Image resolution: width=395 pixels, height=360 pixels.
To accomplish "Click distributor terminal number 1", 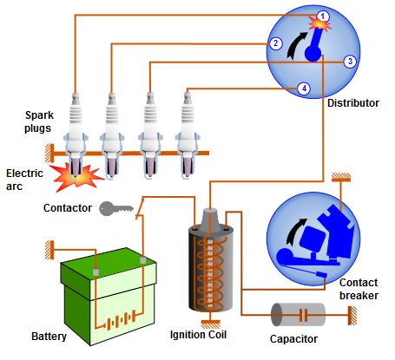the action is (x=323, y=16).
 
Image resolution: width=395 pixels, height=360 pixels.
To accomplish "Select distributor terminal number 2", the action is (x=275, y=43).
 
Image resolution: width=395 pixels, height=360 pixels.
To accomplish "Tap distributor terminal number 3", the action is (x=350, y=62).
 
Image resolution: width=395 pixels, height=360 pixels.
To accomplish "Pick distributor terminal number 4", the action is (x=304, y=88).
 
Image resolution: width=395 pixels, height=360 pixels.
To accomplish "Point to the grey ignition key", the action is (x=116, y=208).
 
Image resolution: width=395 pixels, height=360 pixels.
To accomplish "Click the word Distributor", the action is (x=353, y=103).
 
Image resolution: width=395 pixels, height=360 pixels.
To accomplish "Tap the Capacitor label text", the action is (x=293, y=339).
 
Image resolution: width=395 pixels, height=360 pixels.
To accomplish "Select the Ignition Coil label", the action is (x=198, y=335).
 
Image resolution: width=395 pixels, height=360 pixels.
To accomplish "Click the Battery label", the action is (x=49, y=337).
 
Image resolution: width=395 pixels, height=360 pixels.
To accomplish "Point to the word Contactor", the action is (x=68, y=208).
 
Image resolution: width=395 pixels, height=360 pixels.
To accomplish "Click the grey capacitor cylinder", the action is (x=298, y=315).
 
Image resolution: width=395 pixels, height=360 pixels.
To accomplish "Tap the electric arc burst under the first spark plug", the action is (x=76, y=177).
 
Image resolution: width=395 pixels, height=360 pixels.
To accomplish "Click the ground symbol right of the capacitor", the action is (x=352, y=315).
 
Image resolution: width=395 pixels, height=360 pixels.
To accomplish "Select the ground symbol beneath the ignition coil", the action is (x=210, y=324).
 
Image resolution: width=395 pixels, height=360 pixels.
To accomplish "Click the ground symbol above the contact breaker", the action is (x=341, y=177).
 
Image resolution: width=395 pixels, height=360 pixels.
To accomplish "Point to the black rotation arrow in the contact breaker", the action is (x=294, y=232).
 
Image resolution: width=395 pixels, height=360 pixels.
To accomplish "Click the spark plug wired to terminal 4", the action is (x=188, y=136).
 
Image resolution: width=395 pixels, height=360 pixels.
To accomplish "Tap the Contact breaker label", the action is (x=359, y=289).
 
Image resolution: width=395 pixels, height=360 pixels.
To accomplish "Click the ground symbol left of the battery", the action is (x=49, y=250).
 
